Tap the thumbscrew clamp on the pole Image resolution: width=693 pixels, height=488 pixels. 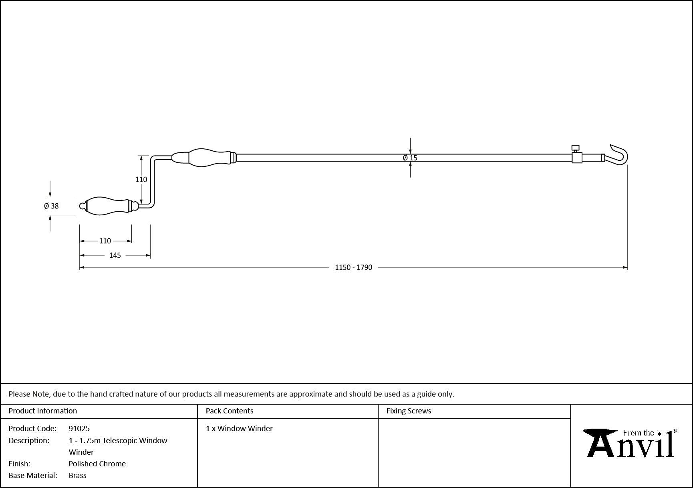point(576,154)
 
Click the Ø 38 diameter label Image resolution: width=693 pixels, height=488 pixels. point(51,206)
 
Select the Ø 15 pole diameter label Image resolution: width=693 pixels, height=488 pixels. point(410,158)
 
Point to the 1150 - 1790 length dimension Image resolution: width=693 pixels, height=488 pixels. point(353,267)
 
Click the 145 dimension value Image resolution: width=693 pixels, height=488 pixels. point(115,255)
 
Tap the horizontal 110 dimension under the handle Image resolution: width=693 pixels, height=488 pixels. point(105,241)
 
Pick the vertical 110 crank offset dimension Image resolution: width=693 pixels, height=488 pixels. point(141,180)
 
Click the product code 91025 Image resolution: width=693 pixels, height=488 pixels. point(79,428)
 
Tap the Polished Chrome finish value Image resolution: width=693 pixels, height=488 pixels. point(97,464)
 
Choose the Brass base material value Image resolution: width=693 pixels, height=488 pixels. point(78,475)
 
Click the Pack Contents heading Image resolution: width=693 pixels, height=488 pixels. point(230,411)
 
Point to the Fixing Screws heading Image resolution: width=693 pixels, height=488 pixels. point(409,411)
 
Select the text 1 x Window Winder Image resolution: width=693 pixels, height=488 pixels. point(239,428)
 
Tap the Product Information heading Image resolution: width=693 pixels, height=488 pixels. point(43,411)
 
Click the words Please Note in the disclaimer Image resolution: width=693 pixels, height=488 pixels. point(29,394)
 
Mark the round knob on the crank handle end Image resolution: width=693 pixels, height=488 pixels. point(83,206)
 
